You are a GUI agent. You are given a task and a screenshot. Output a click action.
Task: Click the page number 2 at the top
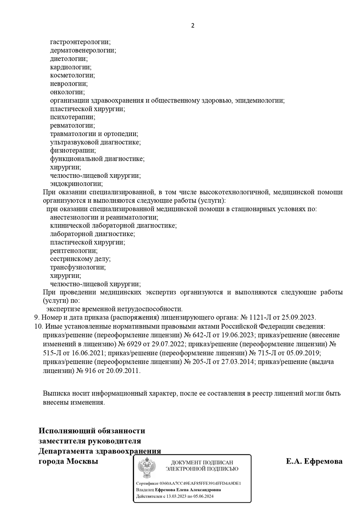pyautogui.click(x=193, y=26)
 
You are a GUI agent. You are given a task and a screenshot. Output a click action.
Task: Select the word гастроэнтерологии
pyautogui.click(x=80, y=42)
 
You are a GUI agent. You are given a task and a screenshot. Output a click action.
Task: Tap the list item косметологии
pyautogui.click(x=72, y=76)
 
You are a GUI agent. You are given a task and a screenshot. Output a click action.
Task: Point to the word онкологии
pyautogui.click(x=67, y=92)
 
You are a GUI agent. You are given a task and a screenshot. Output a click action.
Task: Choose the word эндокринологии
pyautogui.click(x=76, y=184)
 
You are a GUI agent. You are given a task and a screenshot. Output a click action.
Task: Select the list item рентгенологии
pyautogui.click(x=73, y=251)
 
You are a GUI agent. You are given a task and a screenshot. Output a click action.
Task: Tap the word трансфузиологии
pyautogui.click(x=77, y=267)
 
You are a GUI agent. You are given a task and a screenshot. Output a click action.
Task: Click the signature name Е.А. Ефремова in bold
pyautogui.click(x=314, y=461)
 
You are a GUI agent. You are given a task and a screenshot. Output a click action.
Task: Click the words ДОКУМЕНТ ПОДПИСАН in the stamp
pyautogui.click(x=202, y=463)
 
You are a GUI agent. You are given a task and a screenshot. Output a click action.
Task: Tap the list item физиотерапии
pyautogui.click(x=73, y=150)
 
